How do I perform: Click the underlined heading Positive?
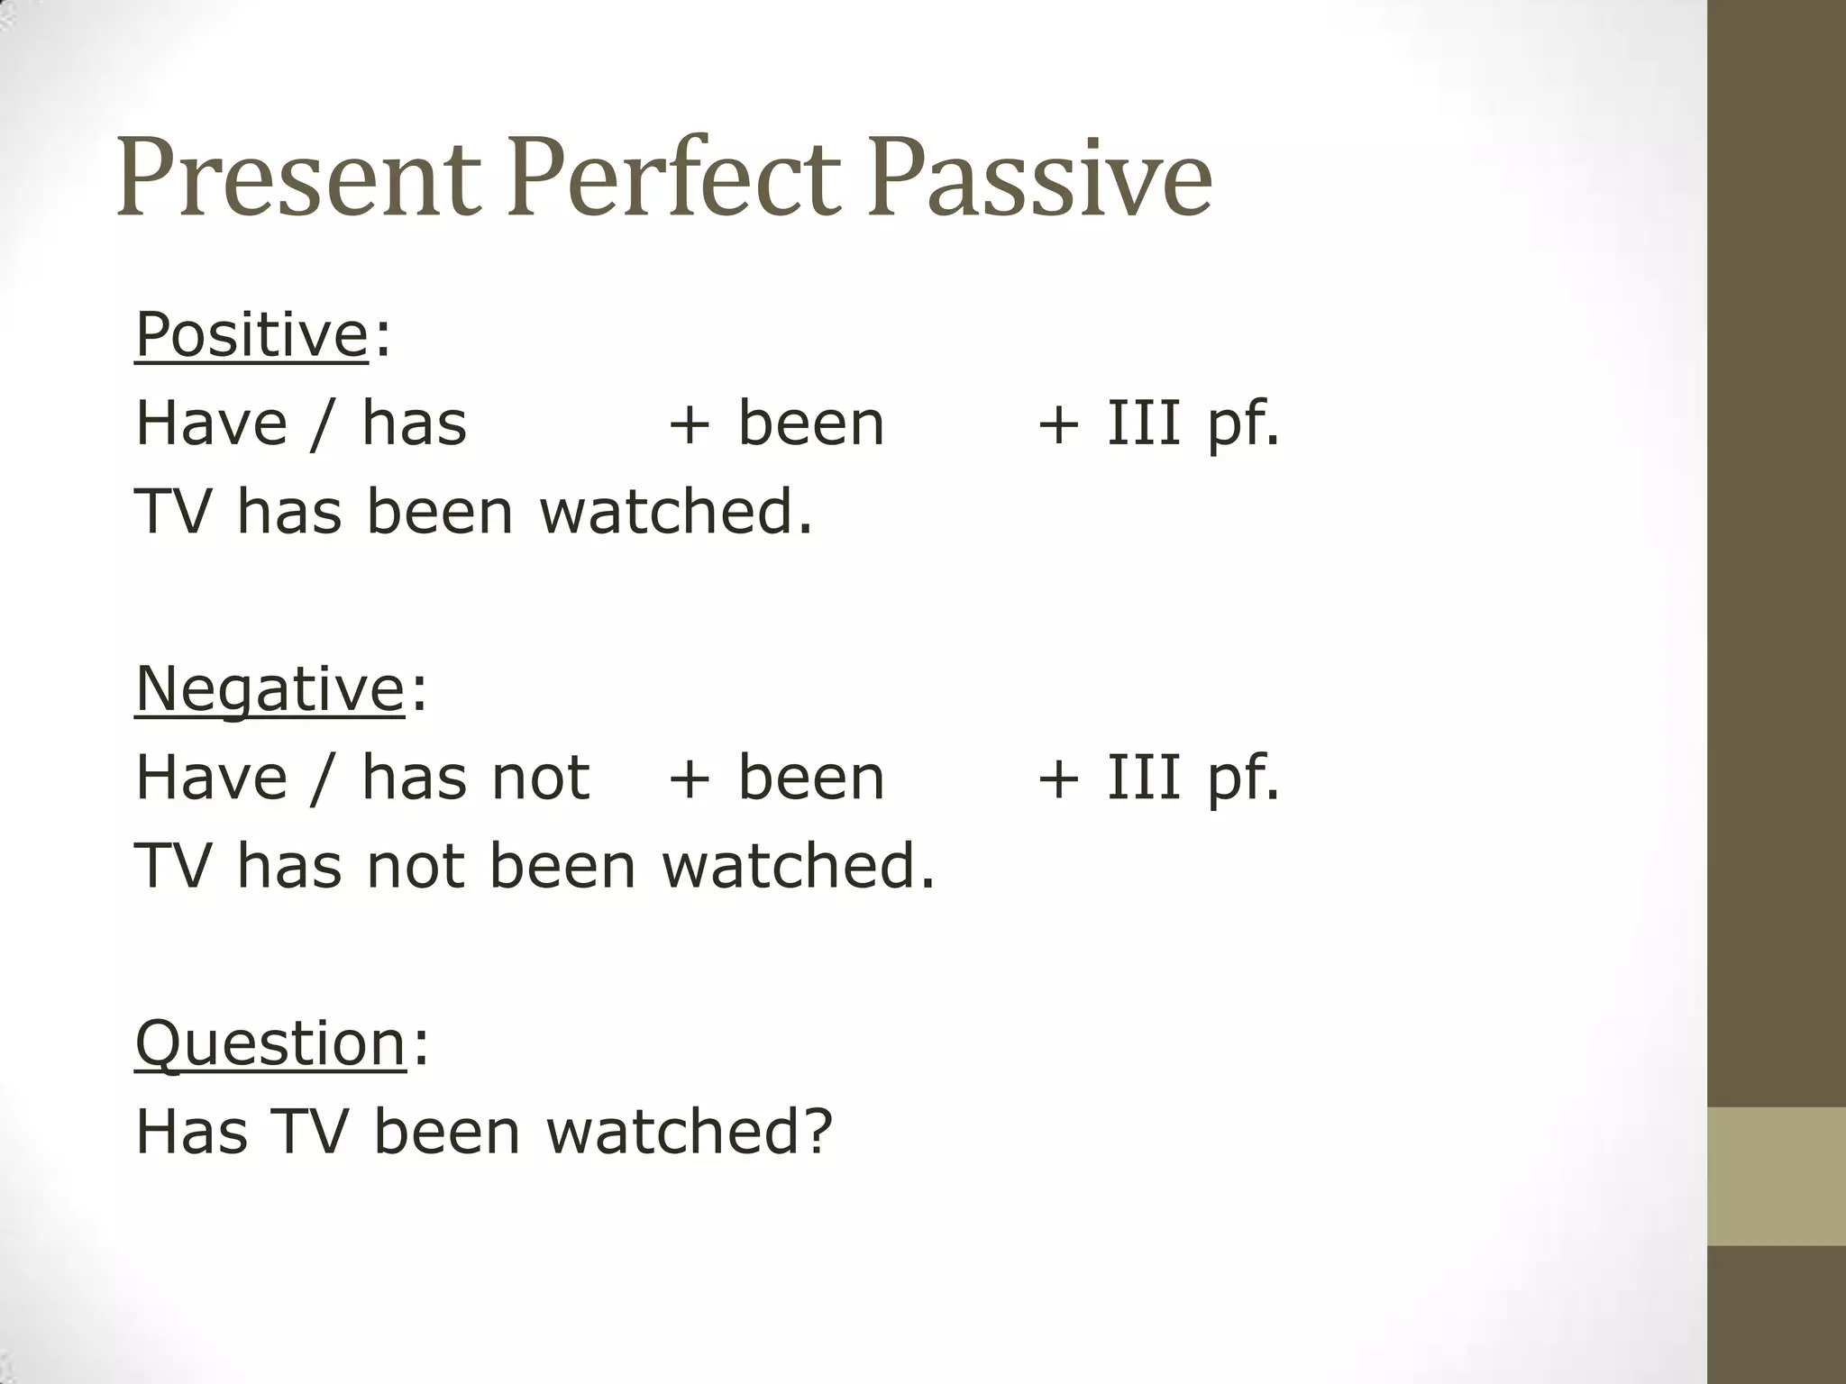point(251,334)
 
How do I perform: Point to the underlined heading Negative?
point(270,688)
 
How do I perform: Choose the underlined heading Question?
point(270,1043)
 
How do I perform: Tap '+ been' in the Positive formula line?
point(776,423)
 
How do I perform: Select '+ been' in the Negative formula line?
point(776,778)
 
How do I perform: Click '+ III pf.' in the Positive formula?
point(1158,423)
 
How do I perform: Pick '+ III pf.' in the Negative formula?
point(1158,778)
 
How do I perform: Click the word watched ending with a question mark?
point(690,1132)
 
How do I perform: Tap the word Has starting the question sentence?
point(191,1132)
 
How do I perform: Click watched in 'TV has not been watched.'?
point(798,866)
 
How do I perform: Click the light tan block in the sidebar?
point(1776,1176)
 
